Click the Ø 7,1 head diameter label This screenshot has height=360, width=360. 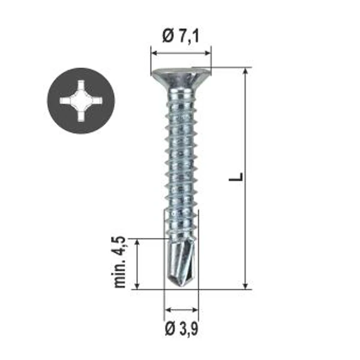point(181,36)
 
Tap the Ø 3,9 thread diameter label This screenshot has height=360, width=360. point(181,329)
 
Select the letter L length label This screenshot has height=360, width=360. point(236,176)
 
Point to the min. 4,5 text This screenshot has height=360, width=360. point(120,262)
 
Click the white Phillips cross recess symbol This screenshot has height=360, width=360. point(81,101)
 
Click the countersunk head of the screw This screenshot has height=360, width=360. point(181,78)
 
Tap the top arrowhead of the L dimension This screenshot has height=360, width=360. point(245,71)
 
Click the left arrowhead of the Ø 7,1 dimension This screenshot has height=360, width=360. point(155,53)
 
